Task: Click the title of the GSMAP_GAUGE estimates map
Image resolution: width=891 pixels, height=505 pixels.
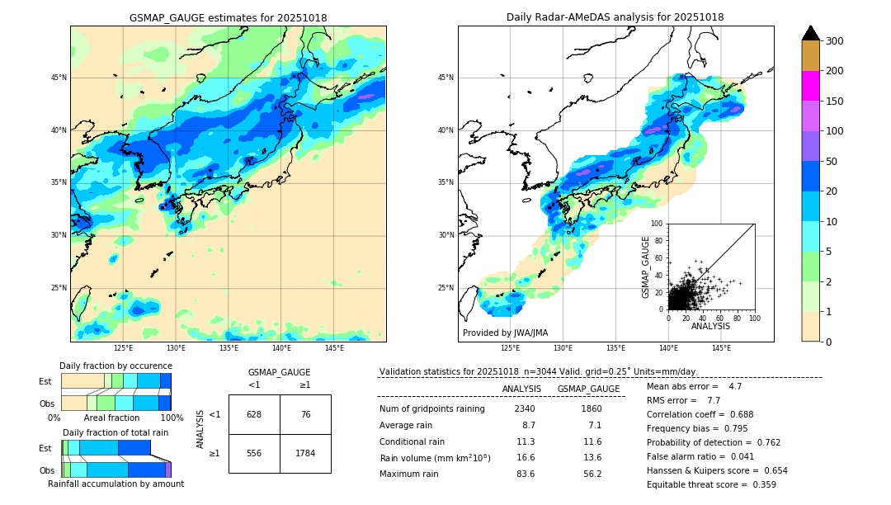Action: [x=229, y=17]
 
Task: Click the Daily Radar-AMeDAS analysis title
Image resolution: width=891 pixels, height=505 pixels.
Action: [x=615, y=17]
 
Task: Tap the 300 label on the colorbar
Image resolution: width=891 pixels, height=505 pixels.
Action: [x=833, y=41]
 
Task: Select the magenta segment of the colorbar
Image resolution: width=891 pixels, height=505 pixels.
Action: [x=811, y=86]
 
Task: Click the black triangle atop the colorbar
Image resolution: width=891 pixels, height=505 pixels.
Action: [x=811, y=33]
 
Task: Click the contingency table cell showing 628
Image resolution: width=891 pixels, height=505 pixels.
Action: [x=254, y=414]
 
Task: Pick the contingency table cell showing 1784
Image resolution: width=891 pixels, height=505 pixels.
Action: [x=305, y=453]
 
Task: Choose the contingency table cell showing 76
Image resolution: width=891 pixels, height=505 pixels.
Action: [x=305, y=414]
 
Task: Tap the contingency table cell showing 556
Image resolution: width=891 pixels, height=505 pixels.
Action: [x=254, y=453]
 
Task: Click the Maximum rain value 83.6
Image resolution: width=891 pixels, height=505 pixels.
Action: [x=525, y=474]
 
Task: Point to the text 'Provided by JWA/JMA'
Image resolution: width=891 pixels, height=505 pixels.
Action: [x=505, y=333]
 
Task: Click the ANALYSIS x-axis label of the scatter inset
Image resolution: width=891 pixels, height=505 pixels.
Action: [x=710, y=326]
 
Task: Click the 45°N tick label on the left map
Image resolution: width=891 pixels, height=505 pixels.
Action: [x=59, y=78]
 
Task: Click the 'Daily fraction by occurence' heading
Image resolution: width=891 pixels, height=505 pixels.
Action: [x=115, y=366]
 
